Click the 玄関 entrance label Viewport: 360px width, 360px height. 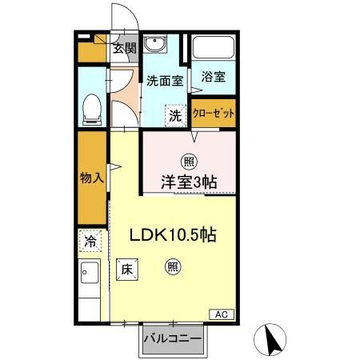click(x=123, y=48)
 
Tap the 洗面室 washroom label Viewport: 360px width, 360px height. click(x=165, y=81)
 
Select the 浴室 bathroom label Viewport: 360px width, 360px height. click(x=213, y=77)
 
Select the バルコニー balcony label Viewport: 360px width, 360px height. click(x=172, y=338)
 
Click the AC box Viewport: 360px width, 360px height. click(x=222, y=314)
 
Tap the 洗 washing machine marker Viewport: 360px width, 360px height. click(x=175, y=114)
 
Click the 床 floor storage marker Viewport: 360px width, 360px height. click(x=127, y=270)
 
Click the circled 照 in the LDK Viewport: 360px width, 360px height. click(x=172, y=269)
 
